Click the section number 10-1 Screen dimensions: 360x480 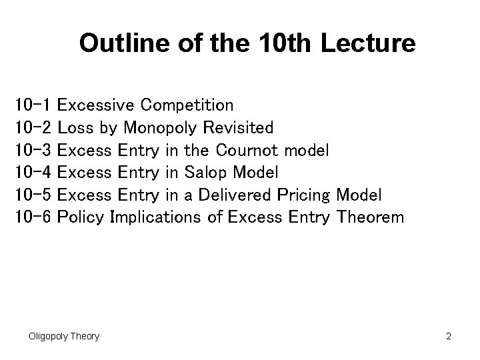coord(33,105)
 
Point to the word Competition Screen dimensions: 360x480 coord(188,105)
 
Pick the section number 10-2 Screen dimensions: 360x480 coord(33,127)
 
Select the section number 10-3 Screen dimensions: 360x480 coord(33,150)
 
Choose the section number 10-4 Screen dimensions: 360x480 coord(33,173)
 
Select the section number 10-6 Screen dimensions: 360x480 coord(33,217)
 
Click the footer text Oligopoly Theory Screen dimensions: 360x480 coord(64,336)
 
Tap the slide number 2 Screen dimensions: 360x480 coord(449,336)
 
